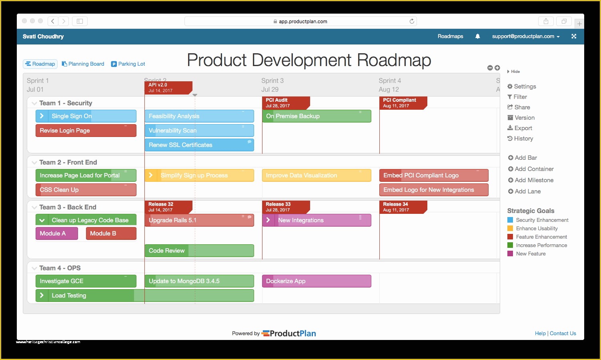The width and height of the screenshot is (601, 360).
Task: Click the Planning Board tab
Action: [83, 64]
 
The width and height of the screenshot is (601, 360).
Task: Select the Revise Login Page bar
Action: [86, 131]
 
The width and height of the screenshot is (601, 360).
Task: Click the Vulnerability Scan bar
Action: [199, 131]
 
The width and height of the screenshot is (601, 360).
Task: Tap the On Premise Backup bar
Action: [316, 116]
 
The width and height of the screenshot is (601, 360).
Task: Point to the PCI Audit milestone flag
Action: [285, 103]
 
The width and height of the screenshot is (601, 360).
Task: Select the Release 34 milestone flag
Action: [402, 207]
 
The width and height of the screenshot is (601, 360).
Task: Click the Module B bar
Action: [111, 233]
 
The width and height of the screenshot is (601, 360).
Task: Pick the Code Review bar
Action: [199, 251]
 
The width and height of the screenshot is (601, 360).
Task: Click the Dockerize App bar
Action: [316, 281]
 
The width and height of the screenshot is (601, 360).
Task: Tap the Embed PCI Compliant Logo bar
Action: [433, 175]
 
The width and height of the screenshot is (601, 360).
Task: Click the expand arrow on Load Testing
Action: [42, 296]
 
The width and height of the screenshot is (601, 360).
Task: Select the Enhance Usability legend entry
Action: [536, 229]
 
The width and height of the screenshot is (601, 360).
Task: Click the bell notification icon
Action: [477, 36]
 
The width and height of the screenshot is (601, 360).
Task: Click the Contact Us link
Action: [563, 334]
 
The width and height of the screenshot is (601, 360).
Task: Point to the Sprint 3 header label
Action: [272, 81]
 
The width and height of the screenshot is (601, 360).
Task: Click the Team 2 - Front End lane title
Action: [68, 163]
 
